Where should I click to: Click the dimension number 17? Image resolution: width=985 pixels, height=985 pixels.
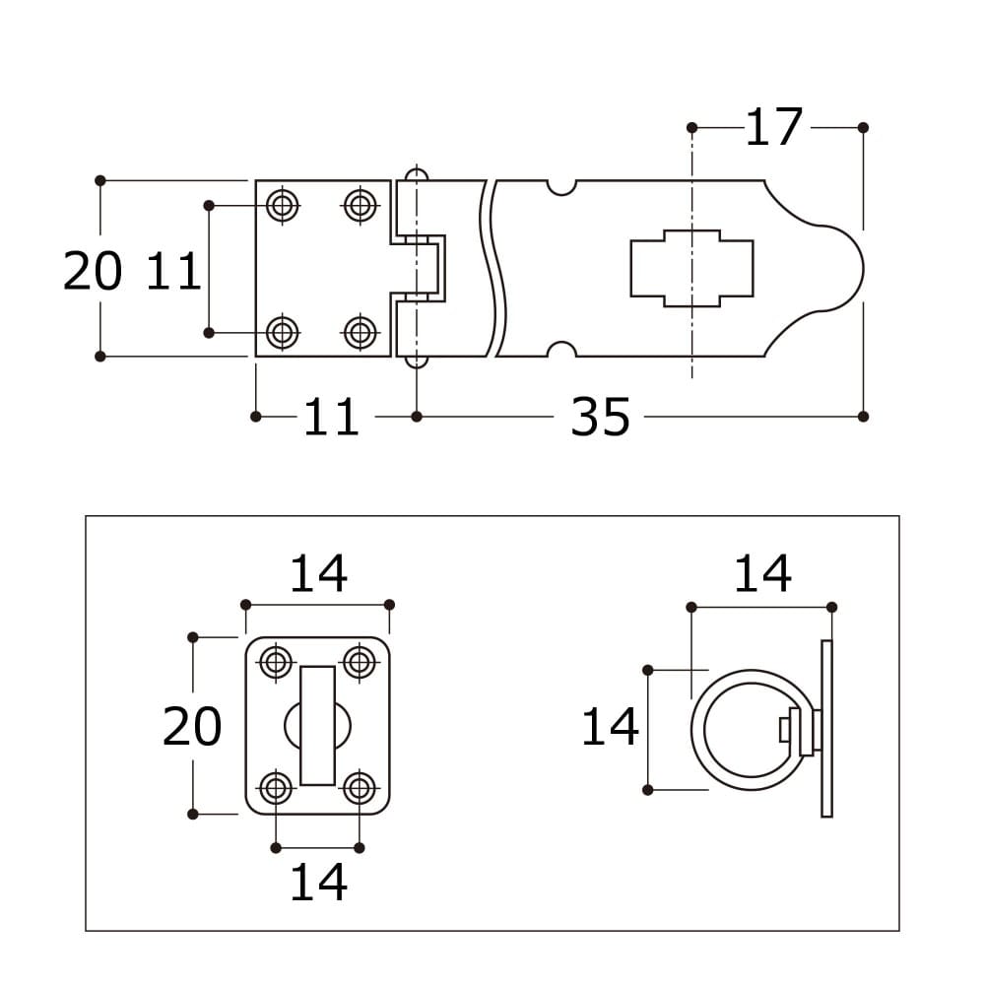[x=773, y=127]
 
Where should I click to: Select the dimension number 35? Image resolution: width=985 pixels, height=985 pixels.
[x=600, y=417]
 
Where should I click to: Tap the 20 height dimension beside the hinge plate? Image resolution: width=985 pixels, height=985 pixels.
[x=93, y=271]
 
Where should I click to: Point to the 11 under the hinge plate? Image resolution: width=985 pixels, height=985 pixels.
[x=331, y=417]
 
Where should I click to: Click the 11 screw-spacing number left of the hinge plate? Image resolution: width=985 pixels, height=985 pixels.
[x=173, y=271]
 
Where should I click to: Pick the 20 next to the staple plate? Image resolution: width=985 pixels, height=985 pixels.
[x=192, y=727]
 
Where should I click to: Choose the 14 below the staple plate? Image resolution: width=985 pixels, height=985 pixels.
[x=318, y=882]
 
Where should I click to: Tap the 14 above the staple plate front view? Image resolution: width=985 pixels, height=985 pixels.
[x=318, y=573]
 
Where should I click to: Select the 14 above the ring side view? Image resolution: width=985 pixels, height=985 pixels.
[x=762, y=573]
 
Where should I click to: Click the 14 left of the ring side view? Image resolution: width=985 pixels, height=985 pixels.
[x=610, y=727]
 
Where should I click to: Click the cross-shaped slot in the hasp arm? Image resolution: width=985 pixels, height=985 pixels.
[x=691, y=268]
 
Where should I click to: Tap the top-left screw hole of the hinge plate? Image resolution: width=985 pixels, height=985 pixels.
[x=283, y=205]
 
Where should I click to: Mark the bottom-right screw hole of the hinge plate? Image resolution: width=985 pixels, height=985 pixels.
[x=361, y=332]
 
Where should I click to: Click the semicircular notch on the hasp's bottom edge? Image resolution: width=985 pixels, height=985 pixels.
[x=561, y=350]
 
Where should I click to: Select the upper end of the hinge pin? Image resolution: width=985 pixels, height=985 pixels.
[x=416, y=174]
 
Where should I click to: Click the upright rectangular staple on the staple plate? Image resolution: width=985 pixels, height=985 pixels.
[x=318, y=726]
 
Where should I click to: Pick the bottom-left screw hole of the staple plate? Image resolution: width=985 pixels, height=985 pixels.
[x=276, y=788]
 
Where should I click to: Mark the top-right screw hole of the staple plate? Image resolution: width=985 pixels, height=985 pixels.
[x=360, y=662]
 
